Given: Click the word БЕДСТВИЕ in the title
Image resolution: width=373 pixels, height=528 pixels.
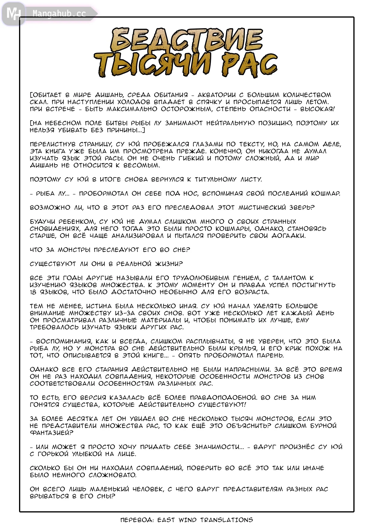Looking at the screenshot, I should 187,40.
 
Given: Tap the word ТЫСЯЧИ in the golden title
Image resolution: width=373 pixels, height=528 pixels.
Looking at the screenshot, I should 152,65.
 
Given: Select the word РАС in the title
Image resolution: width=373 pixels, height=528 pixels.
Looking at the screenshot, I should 249,65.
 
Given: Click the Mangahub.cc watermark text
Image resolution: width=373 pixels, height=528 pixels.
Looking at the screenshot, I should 59,14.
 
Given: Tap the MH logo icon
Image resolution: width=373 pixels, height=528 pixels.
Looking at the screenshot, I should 13,13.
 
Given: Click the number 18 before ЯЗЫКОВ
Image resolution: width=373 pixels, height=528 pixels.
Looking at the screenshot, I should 33,292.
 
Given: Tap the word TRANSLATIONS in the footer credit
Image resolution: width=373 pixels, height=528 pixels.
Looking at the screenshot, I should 226,520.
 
